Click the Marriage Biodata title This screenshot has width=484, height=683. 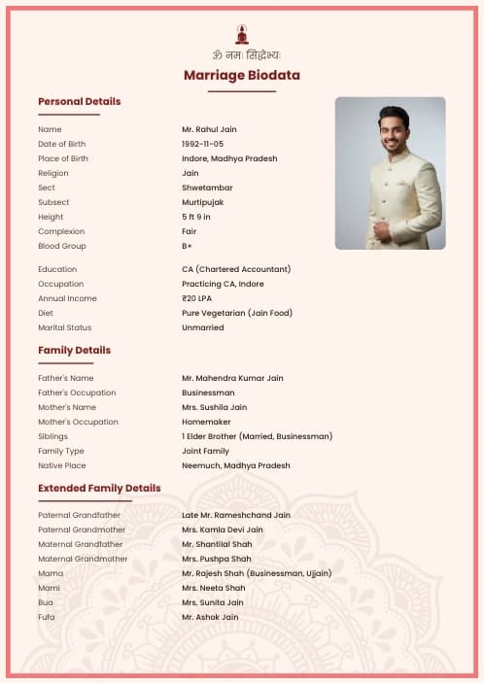242,75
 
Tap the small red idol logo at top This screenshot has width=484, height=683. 242,33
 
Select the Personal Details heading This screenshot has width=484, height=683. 79,101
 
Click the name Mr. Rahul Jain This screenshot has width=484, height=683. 209,129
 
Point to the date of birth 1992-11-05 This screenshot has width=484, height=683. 202,144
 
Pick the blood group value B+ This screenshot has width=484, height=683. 188,246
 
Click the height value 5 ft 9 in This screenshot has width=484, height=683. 196,217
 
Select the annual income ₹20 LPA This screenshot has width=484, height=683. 196,298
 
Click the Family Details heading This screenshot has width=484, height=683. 74,350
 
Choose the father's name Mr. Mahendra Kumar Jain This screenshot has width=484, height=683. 232,378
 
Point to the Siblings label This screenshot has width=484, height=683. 52,436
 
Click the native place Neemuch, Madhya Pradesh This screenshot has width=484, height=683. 235,465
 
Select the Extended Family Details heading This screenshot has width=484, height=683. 99,488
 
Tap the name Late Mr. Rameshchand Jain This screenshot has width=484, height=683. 235,515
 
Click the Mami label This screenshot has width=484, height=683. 49,588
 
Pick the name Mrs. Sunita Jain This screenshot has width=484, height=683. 212,602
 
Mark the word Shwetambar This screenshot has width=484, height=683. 206,188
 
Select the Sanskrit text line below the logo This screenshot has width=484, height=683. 242,55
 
